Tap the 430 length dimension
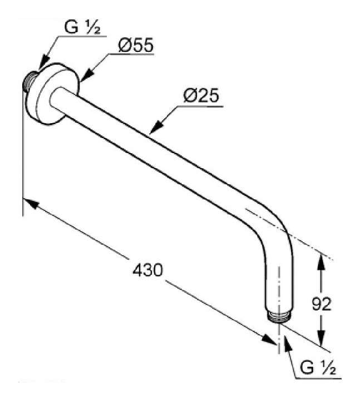point(147,271)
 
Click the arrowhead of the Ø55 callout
point(82,80)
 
